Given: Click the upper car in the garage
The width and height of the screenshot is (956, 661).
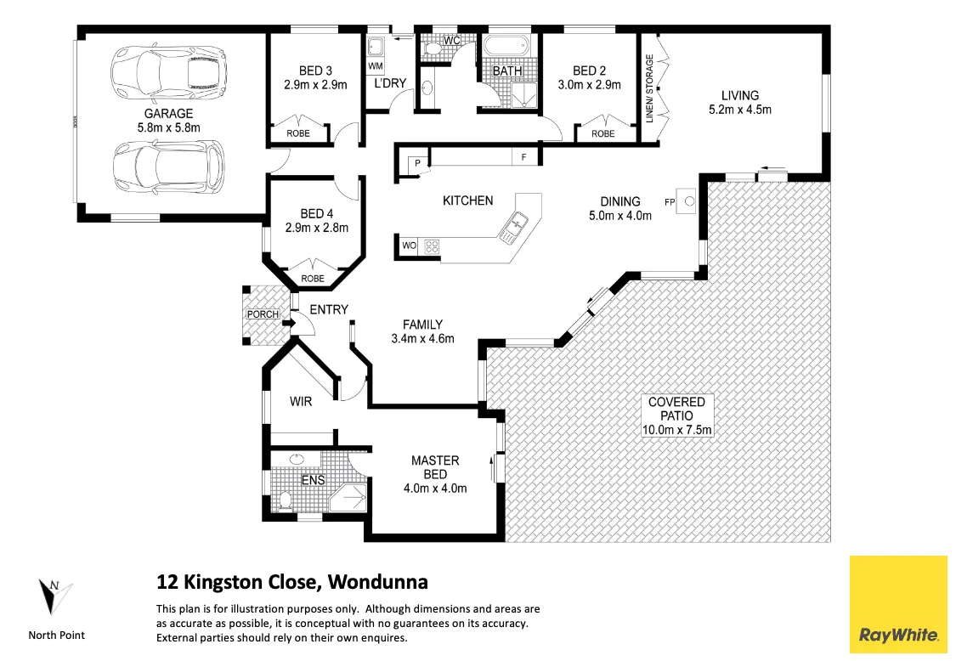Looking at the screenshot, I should (x=169, y=70).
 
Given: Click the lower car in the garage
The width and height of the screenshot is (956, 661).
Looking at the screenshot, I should (x=169, y=165).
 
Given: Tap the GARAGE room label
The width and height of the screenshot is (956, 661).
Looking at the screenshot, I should (x=168, y=113).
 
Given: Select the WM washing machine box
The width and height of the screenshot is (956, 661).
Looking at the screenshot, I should (x=376, y=65).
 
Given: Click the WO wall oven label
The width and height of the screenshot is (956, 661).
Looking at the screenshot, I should (x=409, y=246).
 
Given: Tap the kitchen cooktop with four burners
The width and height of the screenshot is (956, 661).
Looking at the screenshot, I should (x=432, y=247).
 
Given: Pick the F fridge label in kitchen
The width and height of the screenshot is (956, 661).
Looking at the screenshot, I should (x=523, y=158).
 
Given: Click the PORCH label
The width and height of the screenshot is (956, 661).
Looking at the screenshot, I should (x=263, y=314).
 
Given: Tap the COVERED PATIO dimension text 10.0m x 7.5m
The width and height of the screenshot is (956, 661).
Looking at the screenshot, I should (x=676, y=430).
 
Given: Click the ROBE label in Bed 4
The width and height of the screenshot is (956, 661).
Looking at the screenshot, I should (x=312, y=279).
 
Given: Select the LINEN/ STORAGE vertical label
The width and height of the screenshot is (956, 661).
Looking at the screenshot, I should (x=650, y=89).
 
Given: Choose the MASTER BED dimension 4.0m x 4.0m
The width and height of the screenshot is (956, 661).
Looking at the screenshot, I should (x=435, y=488).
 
